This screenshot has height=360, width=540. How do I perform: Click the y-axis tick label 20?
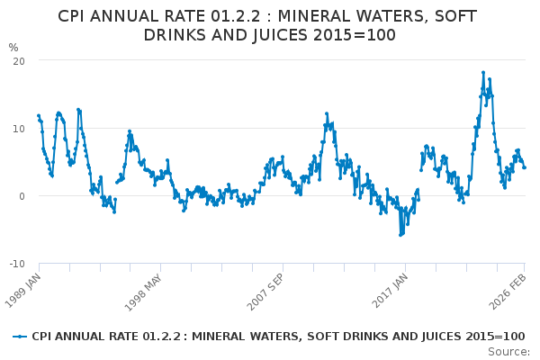pos(17,60)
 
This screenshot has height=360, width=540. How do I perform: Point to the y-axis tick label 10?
pos(17,128)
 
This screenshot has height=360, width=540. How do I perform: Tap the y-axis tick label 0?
pos(21,196)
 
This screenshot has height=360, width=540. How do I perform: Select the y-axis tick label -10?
pos(15,264)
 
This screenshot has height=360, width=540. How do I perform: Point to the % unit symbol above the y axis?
pos(13,47)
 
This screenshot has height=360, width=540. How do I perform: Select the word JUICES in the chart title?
pos(295,35)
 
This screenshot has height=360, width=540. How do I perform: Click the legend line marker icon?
pos(20,337)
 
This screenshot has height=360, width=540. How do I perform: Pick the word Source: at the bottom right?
pos(509,351)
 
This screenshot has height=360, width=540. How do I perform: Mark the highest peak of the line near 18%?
pos(483,73)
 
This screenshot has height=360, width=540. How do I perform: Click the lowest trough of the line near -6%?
pos(400,235)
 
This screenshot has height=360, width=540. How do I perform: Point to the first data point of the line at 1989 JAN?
pos(39,115)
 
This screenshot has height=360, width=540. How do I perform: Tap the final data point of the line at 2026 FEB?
pos(524,167)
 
